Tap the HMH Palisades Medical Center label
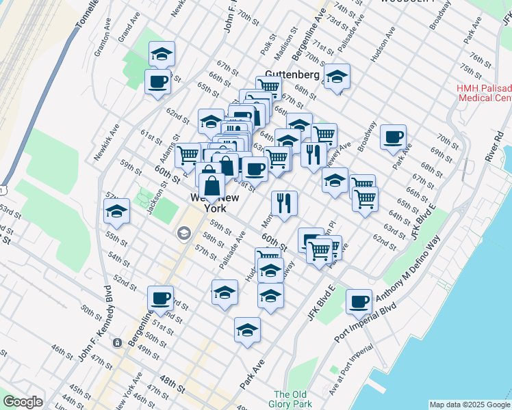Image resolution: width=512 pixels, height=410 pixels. (x=484, y=93)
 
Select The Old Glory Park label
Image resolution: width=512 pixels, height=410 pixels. (x=292, y=399)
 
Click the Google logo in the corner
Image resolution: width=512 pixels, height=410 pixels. (x=23, y=402)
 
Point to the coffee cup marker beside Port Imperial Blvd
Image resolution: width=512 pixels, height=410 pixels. (x=359, y=301)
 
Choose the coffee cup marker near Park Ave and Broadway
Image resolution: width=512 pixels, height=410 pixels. (x=394, y=137)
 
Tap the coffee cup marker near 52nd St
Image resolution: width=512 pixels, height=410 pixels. (x=161, y=299)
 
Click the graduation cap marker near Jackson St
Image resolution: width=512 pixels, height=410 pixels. (x=117, y=212)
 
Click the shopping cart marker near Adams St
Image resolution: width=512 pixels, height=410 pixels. (x=187, y=154)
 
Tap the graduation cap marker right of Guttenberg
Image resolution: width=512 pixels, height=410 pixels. (x=336, y=78)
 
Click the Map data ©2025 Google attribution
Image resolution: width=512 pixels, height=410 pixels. (x=469, y=405)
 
